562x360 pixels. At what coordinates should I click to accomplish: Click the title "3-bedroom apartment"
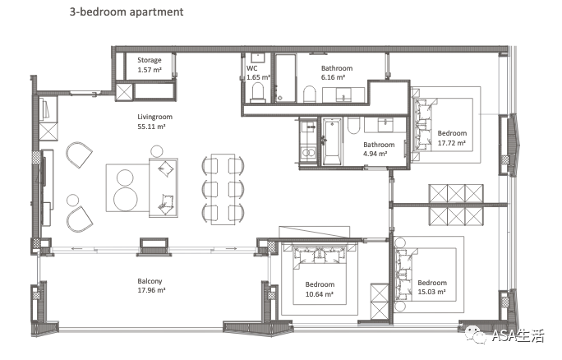coord(127,12)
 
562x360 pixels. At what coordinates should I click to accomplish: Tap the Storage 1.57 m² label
coord(150,65)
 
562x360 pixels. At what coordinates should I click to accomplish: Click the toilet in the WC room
coord(258,92)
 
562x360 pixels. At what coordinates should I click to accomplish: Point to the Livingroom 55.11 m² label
coord(154,121)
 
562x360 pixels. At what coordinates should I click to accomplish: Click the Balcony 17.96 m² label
coord(151,285)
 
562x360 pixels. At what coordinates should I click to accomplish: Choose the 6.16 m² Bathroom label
coord(337,72)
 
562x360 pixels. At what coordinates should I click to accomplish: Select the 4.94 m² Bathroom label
coord(379,149)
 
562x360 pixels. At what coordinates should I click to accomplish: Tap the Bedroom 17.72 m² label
coord(452,138)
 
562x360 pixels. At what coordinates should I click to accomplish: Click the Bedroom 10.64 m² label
coord(320,289)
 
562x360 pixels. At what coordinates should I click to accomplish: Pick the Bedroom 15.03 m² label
coord(432,287)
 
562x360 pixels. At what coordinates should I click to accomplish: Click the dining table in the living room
coord(223,189)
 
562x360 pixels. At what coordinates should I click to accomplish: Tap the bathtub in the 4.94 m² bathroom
coord(332,142)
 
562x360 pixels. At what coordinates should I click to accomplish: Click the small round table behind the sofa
coord(157,151)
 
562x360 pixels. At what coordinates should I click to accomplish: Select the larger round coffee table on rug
coord(126,199)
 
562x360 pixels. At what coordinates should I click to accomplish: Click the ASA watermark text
coord(518,335)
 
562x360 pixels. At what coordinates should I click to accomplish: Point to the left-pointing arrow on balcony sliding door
coord(77,248)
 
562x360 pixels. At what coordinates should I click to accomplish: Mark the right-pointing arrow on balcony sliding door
coord(231,248)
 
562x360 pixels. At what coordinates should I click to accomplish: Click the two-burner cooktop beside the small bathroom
coord(308,153)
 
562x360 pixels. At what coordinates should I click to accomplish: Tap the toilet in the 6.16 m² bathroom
coord(309,95)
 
